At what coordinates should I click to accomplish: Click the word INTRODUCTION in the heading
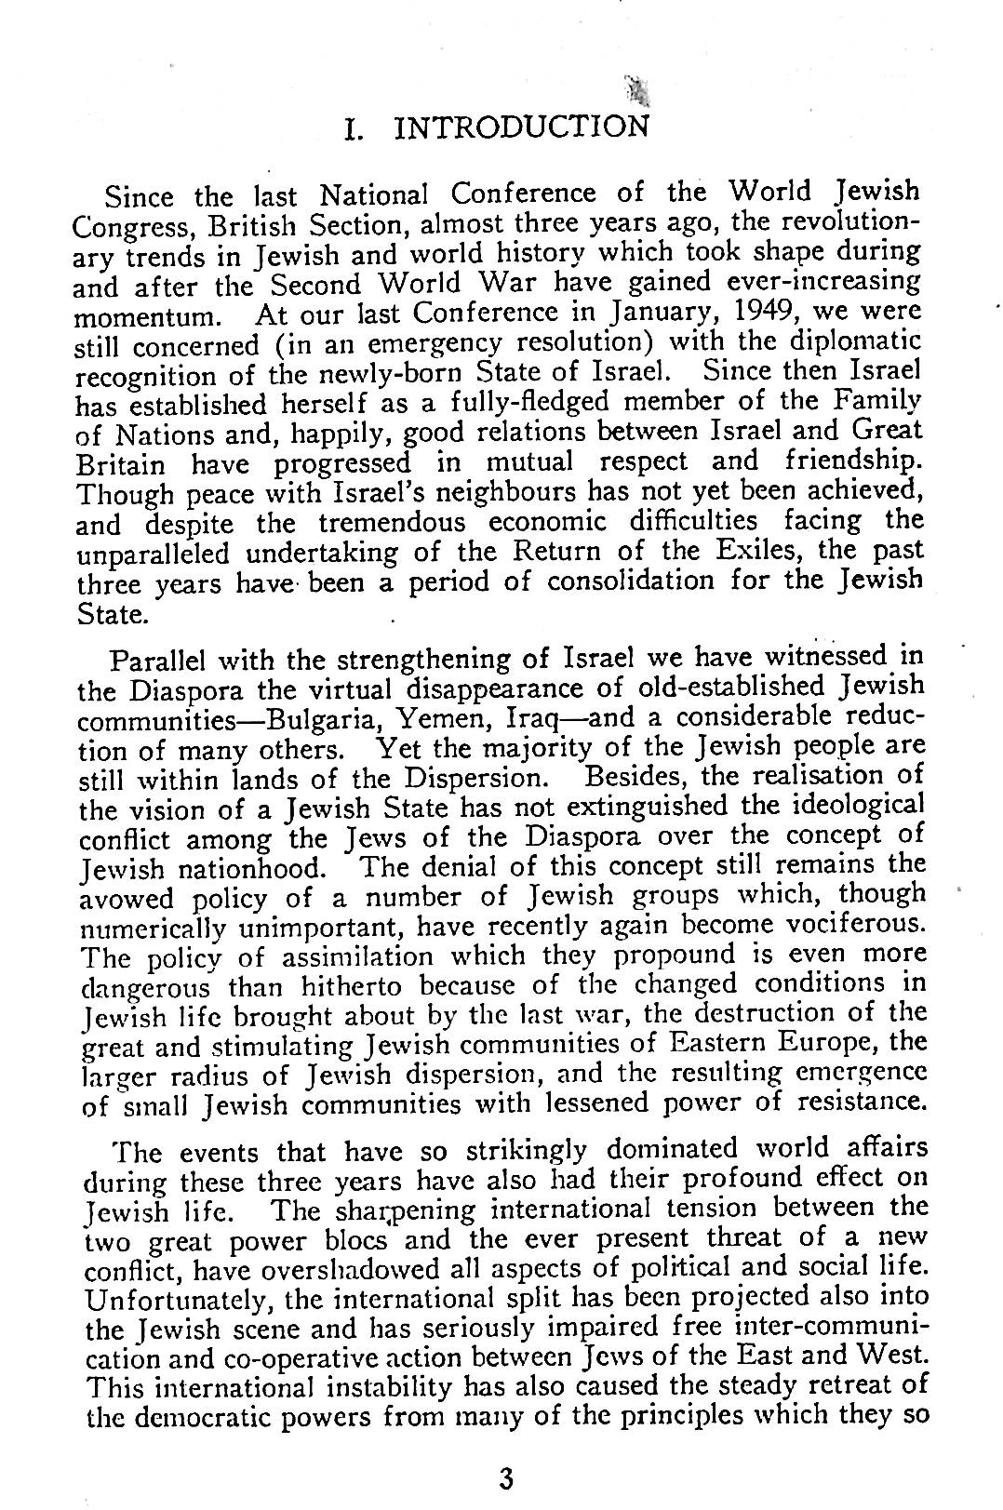tap(522, 126)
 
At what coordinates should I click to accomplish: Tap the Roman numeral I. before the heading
tap(353, 127)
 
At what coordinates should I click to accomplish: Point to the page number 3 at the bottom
tap(506, 1478)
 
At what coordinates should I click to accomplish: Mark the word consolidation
tap(634, 583)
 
